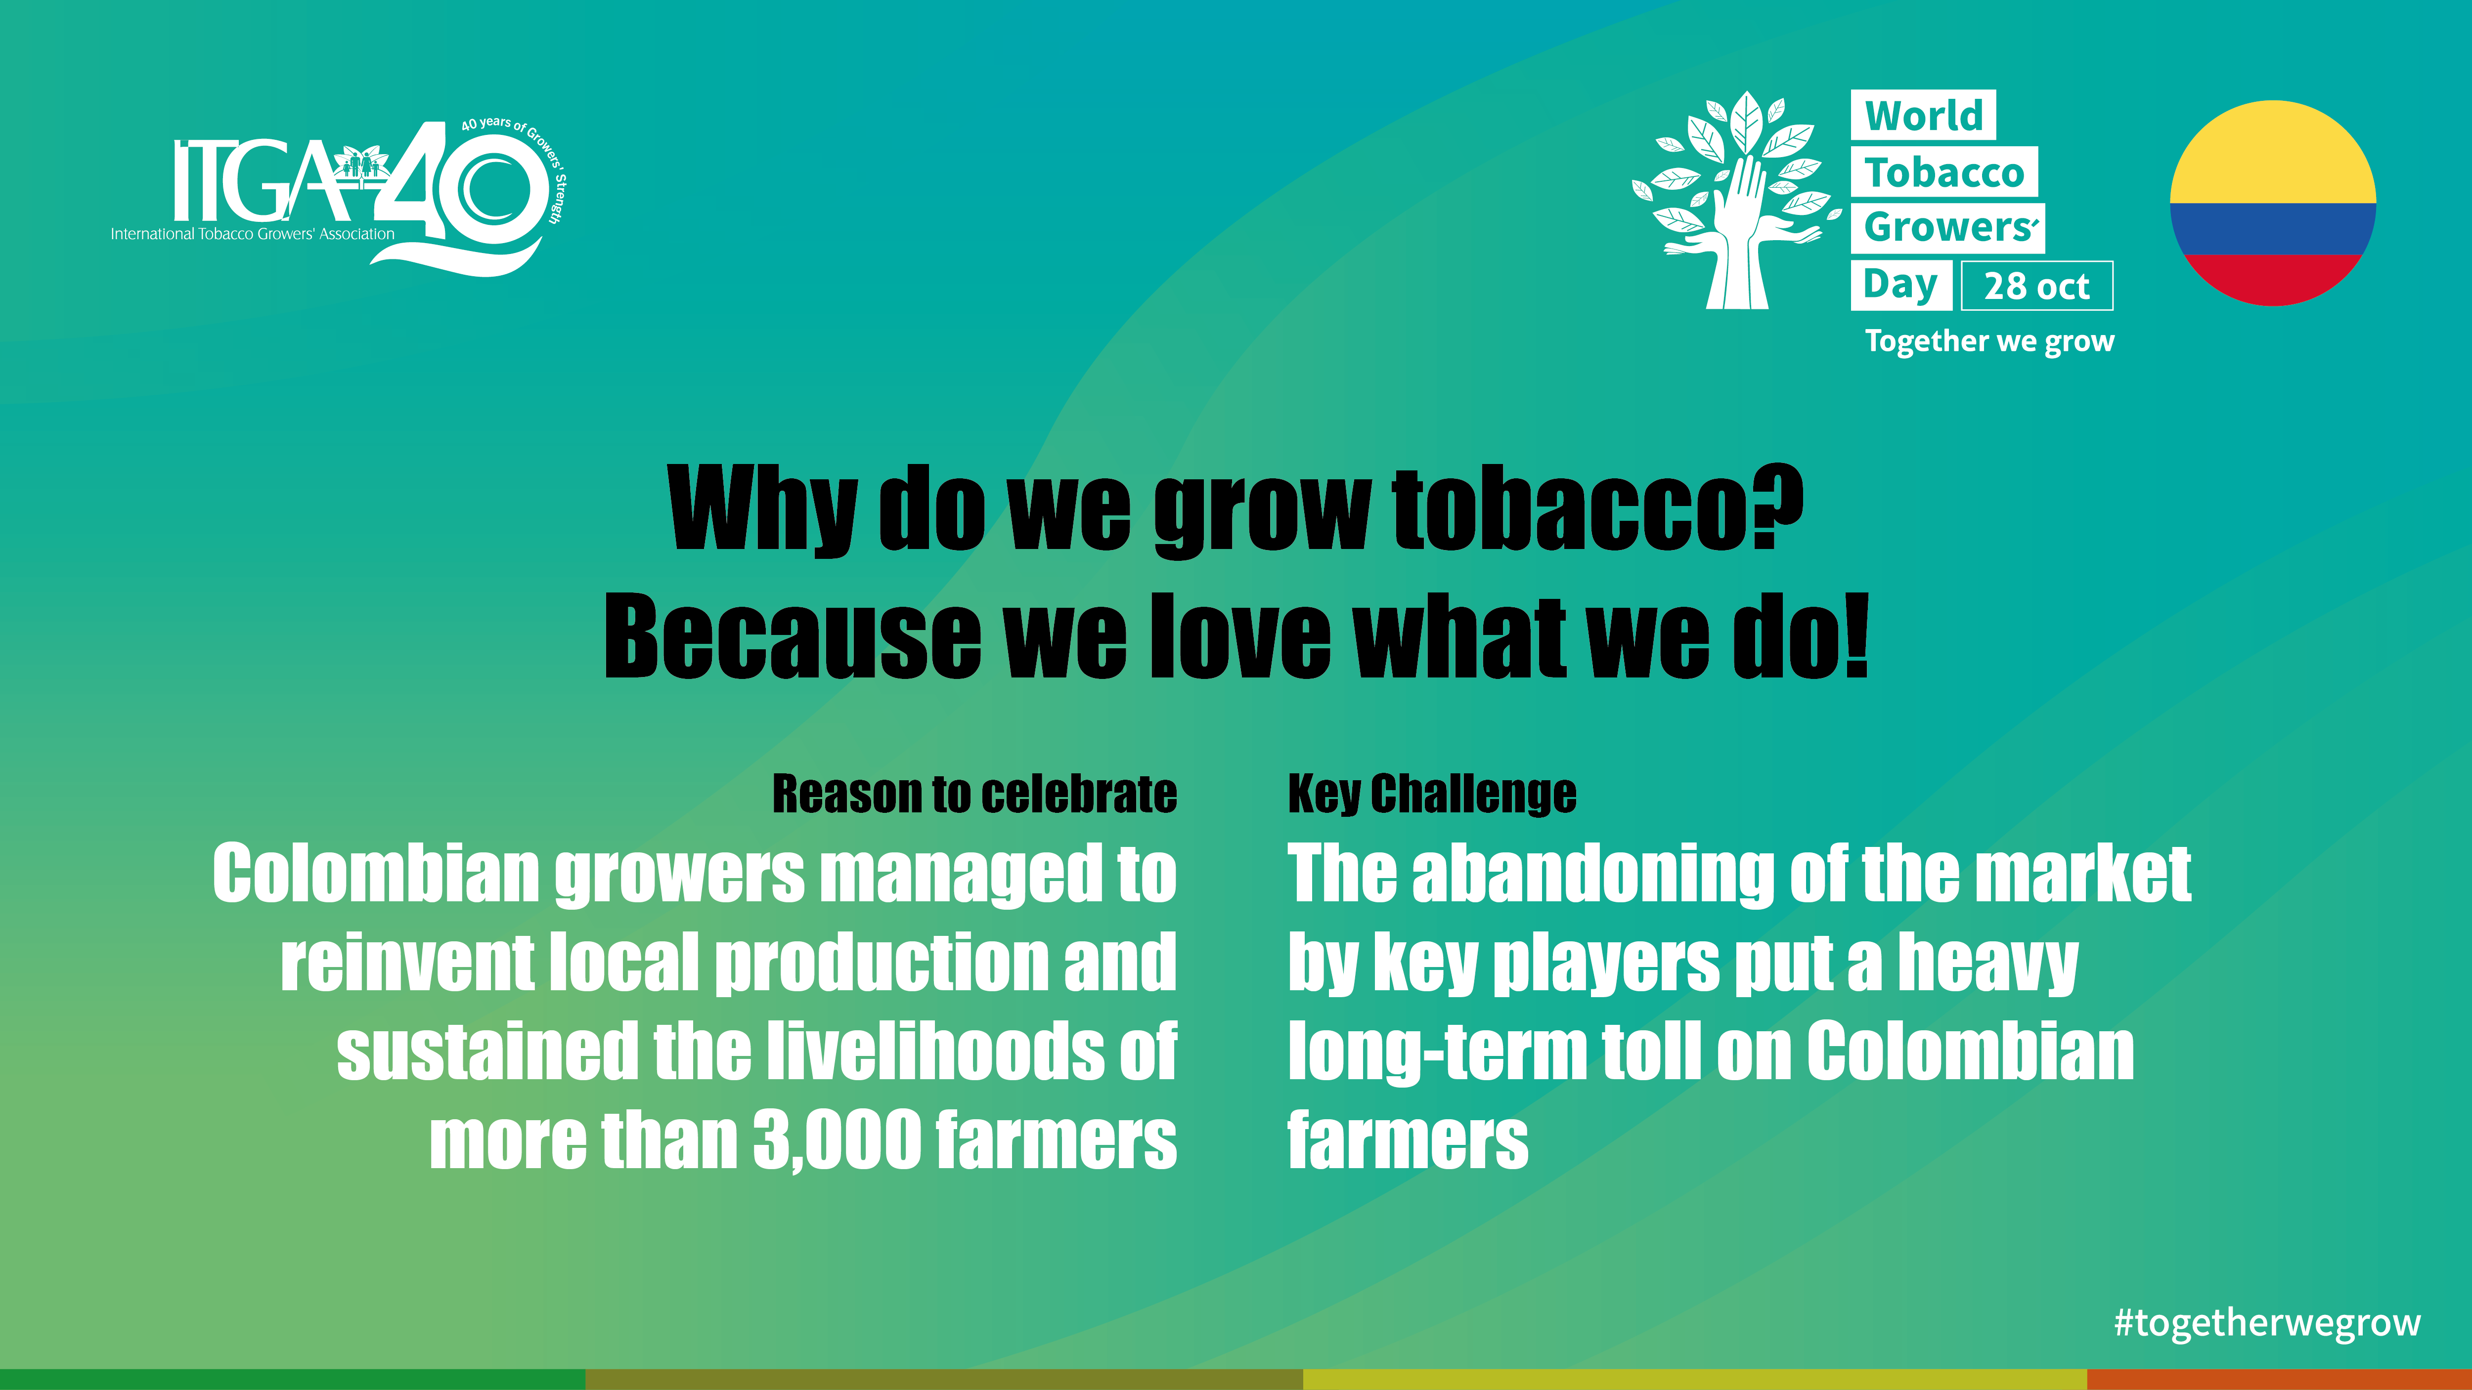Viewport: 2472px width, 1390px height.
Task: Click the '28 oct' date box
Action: tap(2036, 286)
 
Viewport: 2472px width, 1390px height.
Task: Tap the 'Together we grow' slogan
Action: tap(1989, 341)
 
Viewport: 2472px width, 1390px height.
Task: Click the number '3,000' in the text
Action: tap(838, 1140)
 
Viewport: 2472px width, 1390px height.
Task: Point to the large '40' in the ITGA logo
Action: tap(459, 187)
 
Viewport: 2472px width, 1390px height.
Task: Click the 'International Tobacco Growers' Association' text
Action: tap(252, 234)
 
